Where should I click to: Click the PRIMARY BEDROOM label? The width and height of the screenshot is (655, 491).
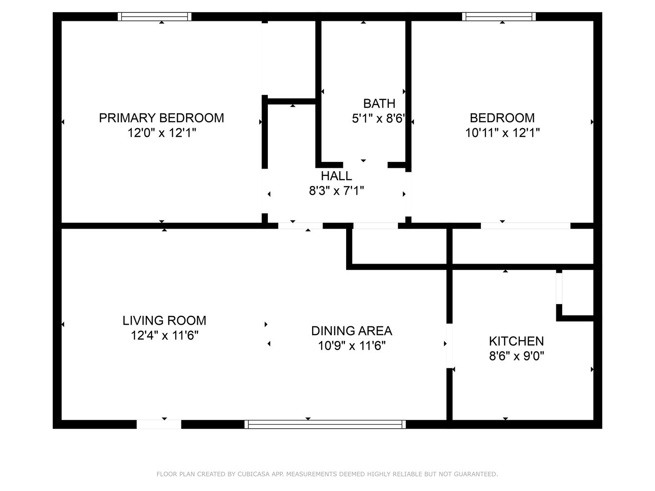161,118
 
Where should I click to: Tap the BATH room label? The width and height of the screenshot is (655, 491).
379,104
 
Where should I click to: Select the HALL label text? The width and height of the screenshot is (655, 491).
336,176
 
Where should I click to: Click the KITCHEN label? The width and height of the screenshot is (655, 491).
516,341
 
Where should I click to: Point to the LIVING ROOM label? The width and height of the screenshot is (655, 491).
164,321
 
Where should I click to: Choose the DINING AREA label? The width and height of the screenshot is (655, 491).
352,331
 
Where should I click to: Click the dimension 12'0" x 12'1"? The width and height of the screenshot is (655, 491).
162,132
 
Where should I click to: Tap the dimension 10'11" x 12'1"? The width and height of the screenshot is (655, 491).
502,132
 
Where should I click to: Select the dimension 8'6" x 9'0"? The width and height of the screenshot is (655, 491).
516,356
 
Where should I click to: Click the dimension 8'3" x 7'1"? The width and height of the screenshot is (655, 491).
336,190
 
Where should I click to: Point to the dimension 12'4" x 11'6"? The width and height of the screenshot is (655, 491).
164,336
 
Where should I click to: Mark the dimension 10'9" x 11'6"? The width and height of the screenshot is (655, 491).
352,346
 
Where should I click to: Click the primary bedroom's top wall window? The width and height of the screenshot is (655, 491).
155,17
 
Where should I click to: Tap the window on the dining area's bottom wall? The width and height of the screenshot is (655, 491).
325,424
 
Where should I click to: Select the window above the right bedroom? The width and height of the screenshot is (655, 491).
499,17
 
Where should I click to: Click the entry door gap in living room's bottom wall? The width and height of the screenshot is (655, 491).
159,424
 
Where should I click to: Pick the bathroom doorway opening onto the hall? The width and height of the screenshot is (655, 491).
365,165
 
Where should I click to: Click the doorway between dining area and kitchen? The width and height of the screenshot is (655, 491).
449,346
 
